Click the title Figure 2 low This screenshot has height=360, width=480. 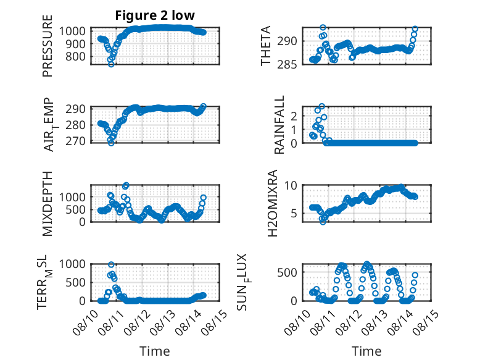pyautogui.click(x=155, y=15)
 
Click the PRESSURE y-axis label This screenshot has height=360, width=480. pyautogui.click(x=48, y=46)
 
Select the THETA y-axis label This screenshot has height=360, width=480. pyautogui.click(x=266, y=46)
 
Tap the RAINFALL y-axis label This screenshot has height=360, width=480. pyautogui.click(x=279, y=125)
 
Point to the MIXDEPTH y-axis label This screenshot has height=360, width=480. pyautogui.click(x=48, y=204)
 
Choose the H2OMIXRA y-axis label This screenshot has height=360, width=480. pyautogui.click(x=273, y=203)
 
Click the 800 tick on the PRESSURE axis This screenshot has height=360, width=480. pyautogui.click(x=77, y=57)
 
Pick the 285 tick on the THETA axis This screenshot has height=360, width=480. pyautogui.click(x=287, y=65)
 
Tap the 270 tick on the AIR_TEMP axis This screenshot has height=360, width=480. pyautogui.click(x=76, y=141)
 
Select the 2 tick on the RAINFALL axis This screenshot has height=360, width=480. pyautogui.click(x=294, y=116)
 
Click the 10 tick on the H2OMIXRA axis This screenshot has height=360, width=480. pyautogui.click(x=291, y=185)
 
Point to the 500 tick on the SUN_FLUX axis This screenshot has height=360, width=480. pyautogui.click(x=287, y=272)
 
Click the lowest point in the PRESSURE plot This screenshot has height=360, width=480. pyautogui.click(x=111, y=64)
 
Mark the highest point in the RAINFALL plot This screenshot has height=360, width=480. pyautogui.click(x=321, y=106)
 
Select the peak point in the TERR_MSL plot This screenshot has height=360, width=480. pyautogui.click(x=111, y=264)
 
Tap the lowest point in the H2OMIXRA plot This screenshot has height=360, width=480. pyautogui.click(x=323, y=222)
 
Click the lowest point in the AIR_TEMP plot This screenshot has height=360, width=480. pyautogui.click(x=111, y=143)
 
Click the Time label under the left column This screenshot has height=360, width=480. pyautogui.click(x=155, y=351)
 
